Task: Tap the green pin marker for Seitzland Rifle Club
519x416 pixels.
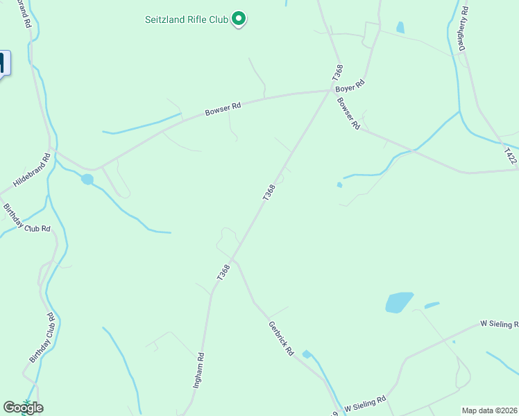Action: pos(239,18)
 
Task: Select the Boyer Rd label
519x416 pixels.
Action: pos(350,87)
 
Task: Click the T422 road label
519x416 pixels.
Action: pos(511,155)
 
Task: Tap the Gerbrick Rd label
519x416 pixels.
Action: pos(281,338)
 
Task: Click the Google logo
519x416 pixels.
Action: pos(23,408)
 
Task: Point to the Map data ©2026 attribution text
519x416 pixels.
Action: pos(490,410)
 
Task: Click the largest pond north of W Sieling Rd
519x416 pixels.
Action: pos(399,302)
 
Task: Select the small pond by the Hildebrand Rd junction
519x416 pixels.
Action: pos(87,180)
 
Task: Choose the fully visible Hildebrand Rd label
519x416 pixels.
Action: pos(33,173)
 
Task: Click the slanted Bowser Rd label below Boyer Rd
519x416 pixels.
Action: pos(348,113)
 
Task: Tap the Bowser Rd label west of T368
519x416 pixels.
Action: pos(223,110)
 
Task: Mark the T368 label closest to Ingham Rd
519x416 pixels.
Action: pos(223,272)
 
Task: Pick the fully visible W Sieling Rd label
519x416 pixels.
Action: pos(366,404)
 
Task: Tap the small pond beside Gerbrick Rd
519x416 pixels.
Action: pos(307,354)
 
